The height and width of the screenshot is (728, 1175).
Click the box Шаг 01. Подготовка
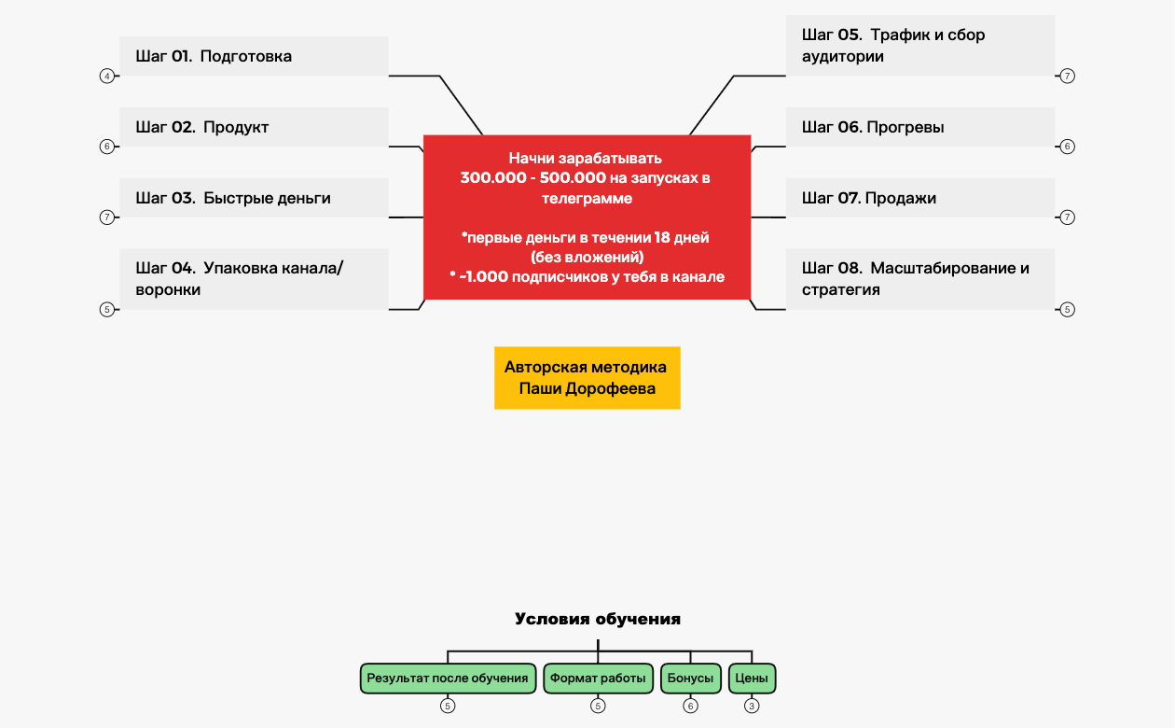point(254,56)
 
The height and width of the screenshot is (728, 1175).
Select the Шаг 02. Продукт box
point(254,127)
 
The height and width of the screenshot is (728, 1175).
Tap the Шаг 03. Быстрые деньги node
point(254,198)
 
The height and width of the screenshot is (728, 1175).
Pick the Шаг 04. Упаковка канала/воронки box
point(254,278)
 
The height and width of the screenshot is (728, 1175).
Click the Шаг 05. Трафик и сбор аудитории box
point(919,45)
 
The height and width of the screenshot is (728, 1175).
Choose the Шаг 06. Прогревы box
point(919,127)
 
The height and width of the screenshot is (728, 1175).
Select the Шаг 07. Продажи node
point(919,198)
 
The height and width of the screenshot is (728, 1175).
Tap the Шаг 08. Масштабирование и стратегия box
point(919,278)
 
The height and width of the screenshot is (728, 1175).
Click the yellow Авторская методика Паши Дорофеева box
point(587,378)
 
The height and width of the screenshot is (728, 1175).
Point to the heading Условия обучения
point(598,619)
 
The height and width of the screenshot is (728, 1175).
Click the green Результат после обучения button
point(448,679)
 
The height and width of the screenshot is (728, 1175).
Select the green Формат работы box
point(598,679)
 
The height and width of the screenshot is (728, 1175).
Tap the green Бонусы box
point(691,679)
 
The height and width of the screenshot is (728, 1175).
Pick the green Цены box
point(752,679)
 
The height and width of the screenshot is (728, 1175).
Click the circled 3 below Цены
point(752,707)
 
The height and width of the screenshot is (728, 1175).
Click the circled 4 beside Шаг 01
point(106,76)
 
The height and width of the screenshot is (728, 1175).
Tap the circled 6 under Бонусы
point(691,707)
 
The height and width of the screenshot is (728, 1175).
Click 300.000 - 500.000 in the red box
point(533,177)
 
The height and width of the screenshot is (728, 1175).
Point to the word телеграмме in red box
point(587,198)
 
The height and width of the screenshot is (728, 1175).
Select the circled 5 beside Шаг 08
point(1068,310)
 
